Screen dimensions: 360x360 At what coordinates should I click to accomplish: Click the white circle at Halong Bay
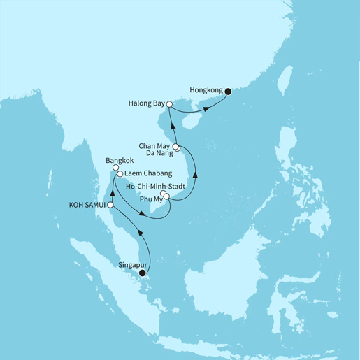[x=169, y=104]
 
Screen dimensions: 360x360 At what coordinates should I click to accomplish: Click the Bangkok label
[x=117, y=159]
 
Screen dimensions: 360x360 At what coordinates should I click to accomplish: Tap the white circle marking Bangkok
[x=115, y=168]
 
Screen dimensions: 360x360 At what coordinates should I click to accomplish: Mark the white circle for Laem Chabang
[x=120, y=173]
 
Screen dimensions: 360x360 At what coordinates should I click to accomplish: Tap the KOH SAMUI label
[x=85, y=206]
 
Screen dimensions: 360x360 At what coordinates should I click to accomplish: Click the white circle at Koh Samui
[x=110, y=206]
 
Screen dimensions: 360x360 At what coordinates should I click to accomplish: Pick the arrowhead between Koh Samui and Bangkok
[x=113, y=189]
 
